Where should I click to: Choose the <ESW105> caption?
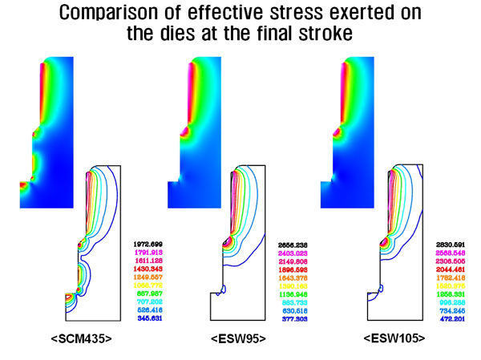(393, 340)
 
